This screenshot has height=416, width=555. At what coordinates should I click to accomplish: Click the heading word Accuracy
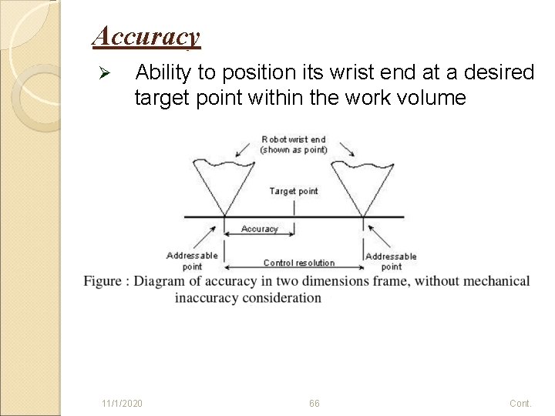coord(146,35)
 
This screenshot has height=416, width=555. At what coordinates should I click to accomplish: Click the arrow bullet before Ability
coord(107,73)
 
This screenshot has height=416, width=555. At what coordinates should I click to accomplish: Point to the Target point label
coord(293,191)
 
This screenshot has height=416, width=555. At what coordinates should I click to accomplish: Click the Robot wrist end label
coord(293,144)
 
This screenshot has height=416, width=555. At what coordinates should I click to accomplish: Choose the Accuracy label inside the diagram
coord(260,229)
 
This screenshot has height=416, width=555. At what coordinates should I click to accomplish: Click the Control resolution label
coord(293,263)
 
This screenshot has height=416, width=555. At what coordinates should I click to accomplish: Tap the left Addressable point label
coord(192,260)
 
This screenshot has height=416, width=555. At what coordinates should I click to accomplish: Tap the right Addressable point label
coord(391,261)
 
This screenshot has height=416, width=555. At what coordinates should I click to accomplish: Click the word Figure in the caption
coord(103,281)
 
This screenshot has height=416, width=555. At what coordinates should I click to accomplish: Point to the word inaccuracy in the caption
coord(208,297)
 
